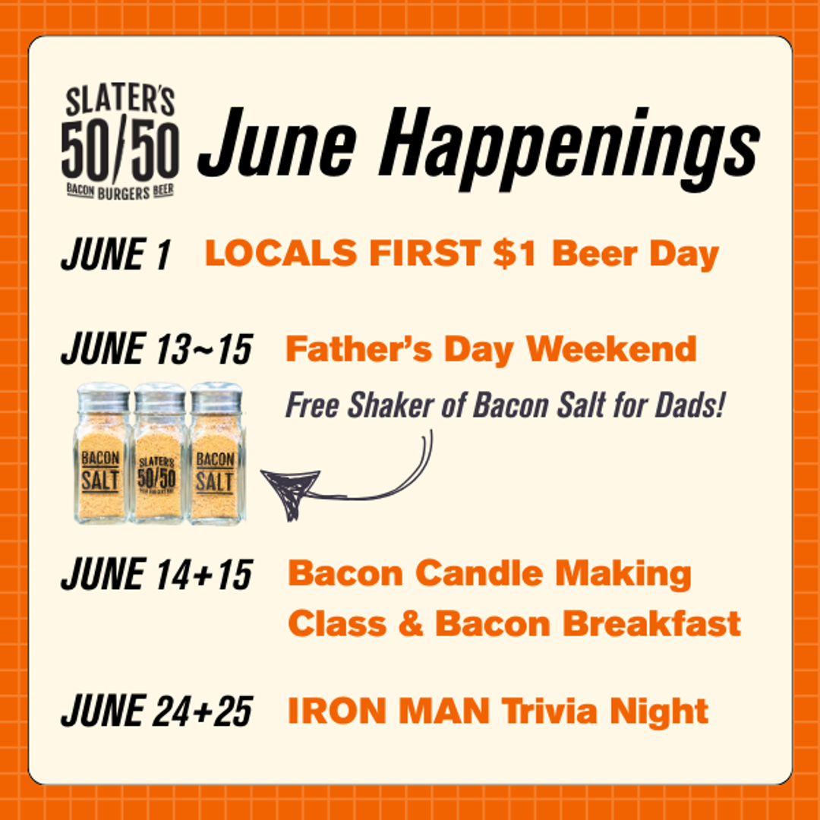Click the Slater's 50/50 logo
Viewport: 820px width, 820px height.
[119, 142]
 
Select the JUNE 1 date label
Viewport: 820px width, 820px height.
[115, 255]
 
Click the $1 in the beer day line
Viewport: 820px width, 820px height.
[516, 255]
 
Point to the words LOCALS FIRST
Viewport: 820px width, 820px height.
[342, 255]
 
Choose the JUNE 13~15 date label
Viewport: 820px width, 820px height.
[156, 350]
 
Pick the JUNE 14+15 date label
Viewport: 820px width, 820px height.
[156, 575]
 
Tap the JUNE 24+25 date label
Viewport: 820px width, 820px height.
[156, 712]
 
